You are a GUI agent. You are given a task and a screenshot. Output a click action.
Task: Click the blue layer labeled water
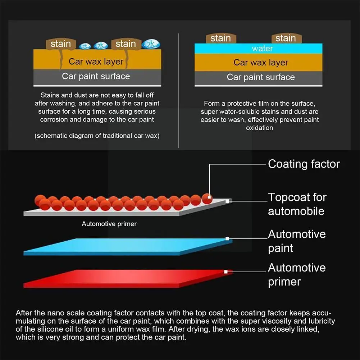[258, 49]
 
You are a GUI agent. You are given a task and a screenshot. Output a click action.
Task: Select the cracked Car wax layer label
[96, 61]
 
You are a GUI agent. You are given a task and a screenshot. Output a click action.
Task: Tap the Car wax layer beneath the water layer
[261, 63]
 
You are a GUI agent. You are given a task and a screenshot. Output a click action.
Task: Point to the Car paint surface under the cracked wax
[96, 76]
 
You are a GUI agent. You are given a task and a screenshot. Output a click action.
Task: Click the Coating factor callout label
[304, 164]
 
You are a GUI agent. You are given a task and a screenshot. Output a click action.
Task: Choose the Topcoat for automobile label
[297, 204]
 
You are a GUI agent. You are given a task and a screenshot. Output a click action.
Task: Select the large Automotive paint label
[297, 241]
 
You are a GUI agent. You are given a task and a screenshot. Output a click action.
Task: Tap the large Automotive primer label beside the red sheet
[297, 274]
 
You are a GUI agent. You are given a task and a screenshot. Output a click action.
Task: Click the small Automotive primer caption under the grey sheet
[109, 224]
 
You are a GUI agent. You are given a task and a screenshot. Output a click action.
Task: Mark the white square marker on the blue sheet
[227, 238]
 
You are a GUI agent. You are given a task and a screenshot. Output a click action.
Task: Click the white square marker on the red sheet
[226, 272]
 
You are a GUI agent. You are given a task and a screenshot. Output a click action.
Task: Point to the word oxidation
[259, 128]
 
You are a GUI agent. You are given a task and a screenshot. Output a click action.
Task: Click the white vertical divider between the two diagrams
[179, 90]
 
